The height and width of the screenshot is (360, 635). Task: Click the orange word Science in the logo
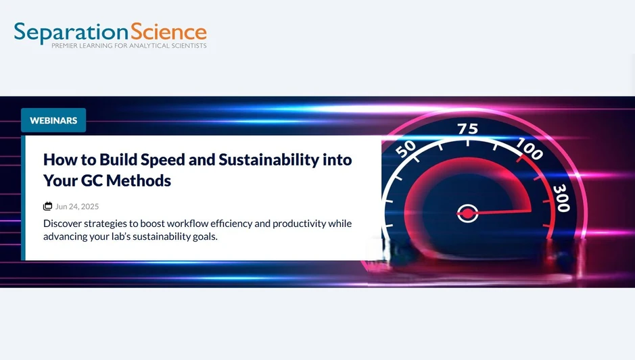[x=169, y=31]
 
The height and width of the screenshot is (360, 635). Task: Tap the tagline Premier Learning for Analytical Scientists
[x=129, y=46]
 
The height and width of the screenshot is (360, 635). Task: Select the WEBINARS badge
[x=53, y=120]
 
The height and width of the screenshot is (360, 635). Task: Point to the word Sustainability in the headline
[x=277, y=160]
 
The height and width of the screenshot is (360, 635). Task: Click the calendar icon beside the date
[x=47, y=206]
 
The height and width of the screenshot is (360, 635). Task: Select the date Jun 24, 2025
[x=77, y=207]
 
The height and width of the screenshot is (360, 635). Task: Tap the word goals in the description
[x=204, y=236]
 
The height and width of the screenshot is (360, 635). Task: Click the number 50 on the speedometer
[x=405, y=149]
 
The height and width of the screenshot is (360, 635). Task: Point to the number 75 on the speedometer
[x=468, y=129]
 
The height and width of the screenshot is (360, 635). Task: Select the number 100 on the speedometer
[x=529, y=150]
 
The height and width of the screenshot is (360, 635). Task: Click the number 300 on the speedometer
[x=561, y=198]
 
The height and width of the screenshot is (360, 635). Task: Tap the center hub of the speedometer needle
[x=466, y=214]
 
